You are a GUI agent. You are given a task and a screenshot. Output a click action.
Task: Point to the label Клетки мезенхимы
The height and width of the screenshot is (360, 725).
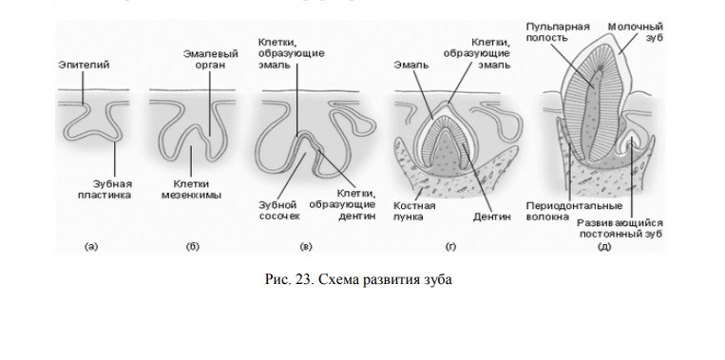click(x=196, y=189)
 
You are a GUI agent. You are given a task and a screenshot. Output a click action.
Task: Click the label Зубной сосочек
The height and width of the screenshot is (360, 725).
click(x=279, y=209)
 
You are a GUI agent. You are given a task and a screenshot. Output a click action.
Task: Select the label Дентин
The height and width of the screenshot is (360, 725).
click(x=492, y=216)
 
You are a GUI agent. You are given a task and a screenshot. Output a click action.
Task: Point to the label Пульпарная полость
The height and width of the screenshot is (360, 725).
click(x=557, y=31)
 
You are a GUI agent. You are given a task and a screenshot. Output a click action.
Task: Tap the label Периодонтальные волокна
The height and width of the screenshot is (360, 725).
click(x=574, y=210)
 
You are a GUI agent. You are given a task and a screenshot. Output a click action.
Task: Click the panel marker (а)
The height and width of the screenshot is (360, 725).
click(x=91, y=247)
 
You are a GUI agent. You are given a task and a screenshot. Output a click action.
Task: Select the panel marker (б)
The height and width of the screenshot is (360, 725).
click(x=192, y=247)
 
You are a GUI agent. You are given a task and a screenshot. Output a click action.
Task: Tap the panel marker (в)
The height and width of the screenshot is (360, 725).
click(x=306, y=247)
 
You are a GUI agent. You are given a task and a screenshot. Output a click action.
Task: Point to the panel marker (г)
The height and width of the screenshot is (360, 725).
click(x=449, y=247)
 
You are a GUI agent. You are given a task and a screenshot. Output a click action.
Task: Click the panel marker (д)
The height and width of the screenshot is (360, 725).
click(x=603, y=247)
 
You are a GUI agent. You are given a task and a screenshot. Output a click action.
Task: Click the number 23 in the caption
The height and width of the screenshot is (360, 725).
click(x=303, y=279)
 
